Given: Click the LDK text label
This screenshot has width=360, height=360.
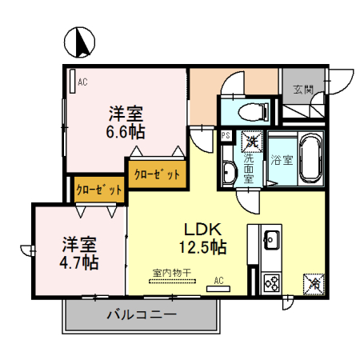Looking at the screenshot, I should [202, 229].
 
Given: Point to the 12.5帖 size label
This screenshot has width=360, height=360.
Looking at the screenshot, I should [202, 247].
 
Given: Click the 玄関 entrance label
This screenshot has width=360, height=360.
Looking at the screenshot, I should [302, 89].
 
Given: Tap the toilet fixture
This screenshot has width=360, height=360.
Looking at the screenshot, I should [247, 110].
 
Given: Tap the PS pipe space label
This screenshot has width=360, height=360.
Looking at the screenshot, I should [226, 136].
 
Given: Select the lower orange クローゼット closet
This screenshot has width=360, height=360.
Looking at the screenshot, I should [98, 190].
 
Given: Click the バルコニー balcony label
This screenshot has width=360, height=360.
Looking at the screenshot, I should [142, 315].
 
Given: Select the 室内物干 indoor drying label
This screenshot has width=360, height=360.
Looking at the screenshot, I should [171, 273].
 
